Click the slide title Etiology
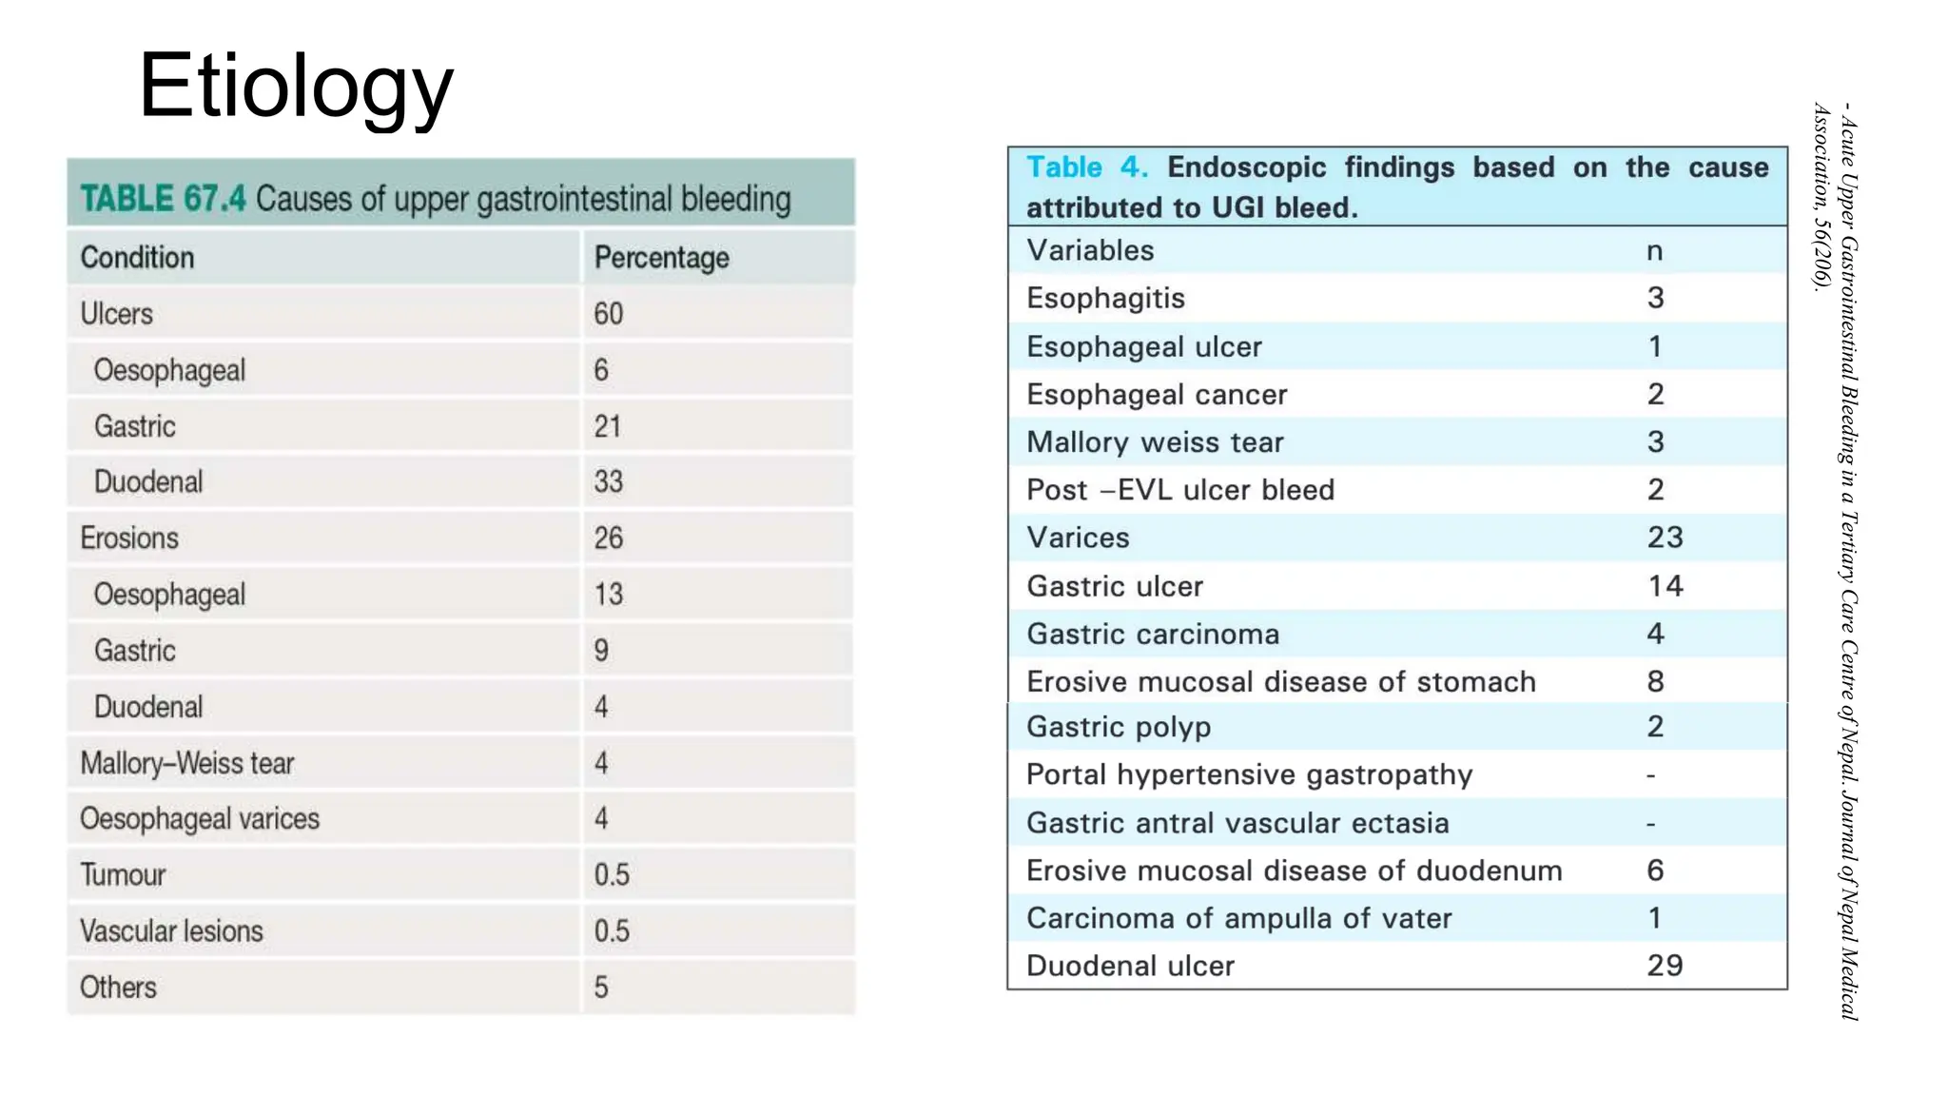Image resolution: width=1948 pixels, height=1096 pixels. point(296,88)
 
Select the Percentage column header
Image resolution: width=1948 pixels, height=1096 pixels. point(661,257)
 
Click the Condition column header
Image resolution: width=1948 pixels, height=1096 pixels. point(137,257)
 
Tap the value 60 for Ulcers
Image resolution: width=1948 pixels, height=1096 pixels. point(608,313)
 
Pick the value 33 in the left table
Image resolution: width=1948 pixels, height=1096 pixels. point(608,481)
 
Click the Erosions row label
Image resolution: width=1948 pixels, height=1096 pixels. point(129,538)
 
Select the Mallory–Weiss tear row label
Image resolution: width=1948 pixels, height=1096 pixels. point(187,763)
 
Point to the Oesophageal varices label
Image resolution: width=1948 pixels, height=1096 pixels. point(200,818)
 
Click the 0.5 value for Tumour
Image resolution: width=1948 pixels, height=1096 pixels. point(612,874)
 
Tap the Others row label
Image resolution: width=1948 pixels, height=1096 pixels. point(118,987)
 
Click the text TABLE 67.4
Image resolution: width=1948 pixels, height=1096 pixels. point(163,199)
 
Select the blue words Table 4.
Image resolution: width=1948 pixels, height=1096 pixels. point(1086,167)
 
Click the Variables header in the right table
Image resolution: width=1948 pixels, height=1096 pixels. point(1090,250)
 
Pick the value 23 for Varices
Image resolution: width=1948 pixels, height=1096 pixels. point(1665,538)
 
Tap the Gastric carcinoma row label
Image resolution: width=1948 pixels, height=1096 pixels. point(1153,634)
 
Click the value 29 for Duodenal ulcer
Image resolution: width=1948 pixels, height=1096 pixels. point(1665,966)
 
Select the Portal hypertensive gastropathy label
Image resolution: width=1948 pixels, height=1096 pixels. point(1249,774)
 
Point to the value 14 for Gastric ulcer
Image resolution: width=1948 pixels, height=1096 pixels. point(1665,586)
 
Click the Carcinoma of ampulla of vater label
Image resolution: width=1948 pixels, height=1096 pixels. point(1238,918)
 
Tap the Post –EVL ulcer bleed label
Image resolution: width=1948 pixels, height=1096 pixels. point(1180,490)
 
